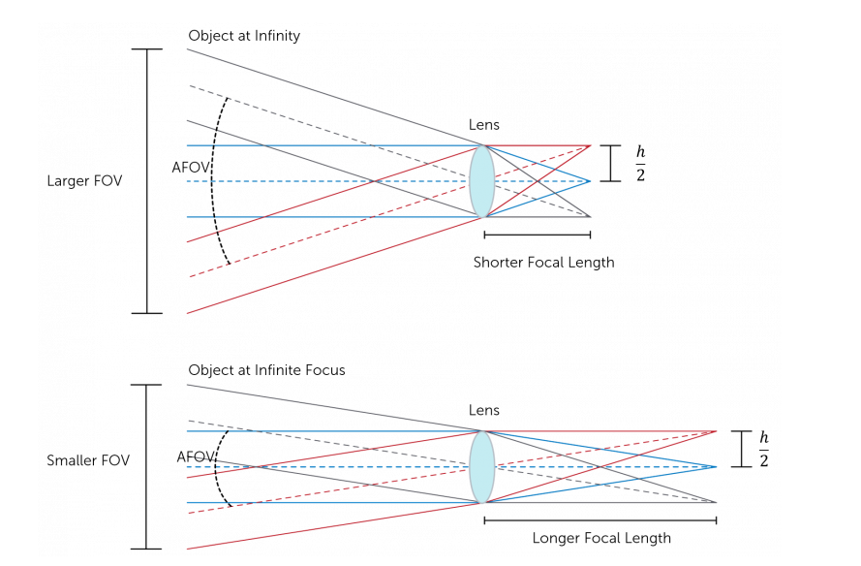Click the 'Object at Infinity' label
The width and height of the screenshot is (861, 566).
pos(244,36)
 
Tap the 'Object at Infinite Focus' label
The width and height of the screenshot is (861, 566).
pos(266,370)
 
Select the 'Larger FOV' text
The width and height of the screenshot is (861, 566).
pos(85,181)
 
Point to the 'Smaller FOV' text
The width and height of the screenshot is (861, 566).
pos(88,460)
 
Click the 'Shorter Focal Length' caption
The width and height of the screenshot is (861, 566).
pos(543,262)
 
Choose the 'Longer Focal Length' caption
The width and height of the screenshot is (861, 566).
pos(600,538)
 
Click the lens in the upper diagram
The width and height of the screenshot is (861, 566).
pos(482,181)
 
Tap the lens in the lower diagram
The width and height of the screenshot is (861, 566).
pos(482,467)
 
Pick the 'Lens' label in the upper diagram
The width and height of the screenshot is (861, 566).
pos(484,125)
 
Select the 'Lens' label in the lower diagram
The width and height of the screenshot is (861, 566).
pos(484,410)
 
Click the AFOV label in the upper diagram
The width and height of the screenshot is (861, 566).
pos(191,167)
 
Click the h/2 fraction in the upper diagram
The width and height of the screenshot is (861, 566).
pos(640,163)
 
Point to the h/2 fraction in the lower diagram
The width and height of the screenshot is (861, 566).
pos(764,450)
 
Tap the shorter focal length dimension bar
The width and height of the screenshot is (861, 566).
pos(537,235)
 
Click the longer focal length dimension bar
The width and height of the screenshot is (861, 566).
pos(600,520)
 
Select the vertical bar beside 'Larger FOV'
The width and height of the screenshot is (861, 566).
pos(147,181)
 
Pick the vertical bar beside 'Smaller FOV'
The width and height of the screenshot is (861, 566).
pos(145,467)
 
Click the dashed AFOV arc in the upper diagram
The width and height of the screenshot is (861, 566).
pos(215,181)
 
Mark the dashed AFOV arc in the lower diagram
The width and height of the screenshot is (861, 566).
pos(216,467)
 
